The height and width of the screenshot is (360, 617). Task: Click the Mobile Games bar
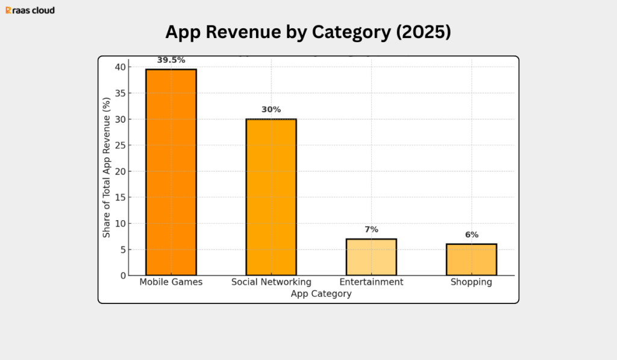tap(171, 172)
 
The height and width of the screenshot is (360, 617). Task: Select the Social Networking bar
tap(271, 197)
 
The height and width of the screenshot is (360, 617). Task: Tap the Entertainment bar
tap(371, 257)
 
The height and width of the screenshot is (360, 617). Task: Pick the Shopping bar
tap(471, 259)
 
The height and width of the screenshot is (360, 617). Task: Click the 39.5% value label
tap(171, 60)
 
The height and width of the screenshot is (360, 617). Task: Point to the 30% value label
tap(271, 110)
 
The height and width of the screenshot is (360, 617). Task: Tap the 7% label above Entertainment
tap(371, 230)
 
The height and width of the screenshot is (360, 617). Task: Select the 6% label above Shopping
tap(471, 235)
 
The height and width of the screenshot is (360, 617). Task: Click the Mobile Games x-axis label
tap(171, 282)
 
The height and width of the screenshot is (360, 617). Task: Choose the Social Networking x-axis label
tap(271, 282)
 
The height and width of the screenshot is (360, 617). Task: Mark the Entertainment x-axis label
tap(371, 282)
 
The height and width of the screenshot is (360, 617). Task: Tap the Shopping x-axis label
tap(471, 282)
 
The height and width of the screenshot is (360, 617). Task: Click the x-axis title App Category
tap(321, 294)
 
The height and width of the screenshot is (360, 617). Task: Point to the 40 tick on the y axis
tap(122, 67)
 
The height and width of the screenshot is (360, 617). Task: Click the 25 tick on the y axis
tap(122, 145)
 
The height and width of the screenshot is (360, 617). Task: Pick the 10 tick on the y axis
tap(122, 224)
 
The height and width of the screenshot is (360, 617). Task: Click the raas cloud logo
tap(30, 10)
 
